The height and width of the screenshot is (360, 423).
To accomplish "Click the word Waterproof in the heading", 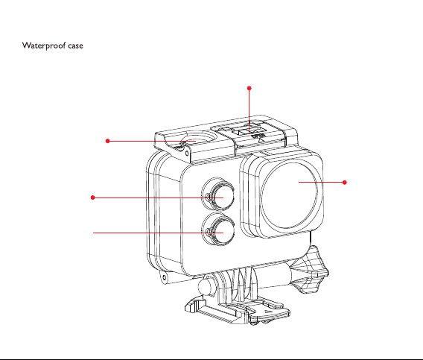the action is pyautogui.click(x=44, y=45).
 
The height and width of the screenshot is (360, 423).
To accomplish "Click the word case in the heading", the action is pyautogui.click(x=75, y=45).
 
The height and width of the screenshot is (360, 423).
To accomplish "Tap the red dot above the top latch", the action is pyautogui.click(x=249, y=88).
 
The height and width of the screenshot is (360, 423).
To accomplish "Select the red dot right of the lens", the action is pyautogui.click(x=345, y=183).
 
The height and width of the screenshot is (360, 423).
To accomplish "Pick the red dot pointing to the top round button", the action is pyautogui.click(x=108, y=141).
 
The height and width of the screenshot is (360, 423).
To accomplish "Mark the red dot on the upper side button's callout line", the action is pyautogui.click(x=93, y=198).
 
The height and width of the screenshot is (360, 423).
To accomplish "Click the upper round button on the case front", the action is pyautogui.click(x=218, y=195).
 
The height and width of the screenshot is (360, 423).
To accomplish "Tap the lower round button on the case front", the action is pyautogui.click(x=218, y=230).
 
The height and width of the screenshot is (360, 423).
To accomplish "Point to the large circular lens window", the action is pyautogui.click(x=289, y=195).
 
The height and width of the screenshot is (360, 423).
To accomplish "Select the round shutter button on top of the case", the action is pyautogui.click(x=199, y=139).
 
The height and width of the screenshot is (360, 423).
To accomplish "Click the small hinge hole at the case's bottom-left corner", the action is pyautogui.click(x=164, y=277).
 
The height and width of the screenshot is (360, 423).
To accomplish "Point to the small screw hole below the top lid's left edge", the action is pyautogui.click(x=187, y=154).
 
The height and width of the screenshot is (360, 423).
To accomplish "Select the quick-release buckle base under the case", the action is pyautogui.click(x=238, y=311).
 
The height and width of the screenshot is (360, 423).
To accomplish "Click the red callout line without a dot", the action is pyautogui.click(x=158, y=233).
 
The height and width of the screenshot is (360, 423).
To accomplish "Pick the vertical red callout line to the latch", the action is pyautogui.click(x=249, y=112).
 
